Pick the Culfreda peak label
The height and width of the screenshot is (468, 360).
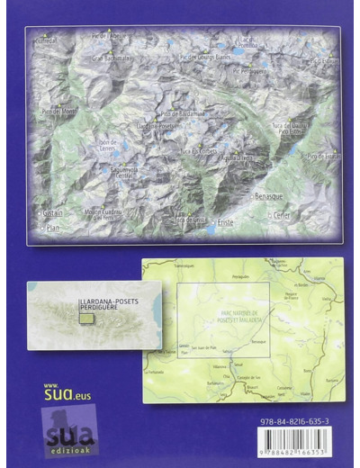click(45, 40)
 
